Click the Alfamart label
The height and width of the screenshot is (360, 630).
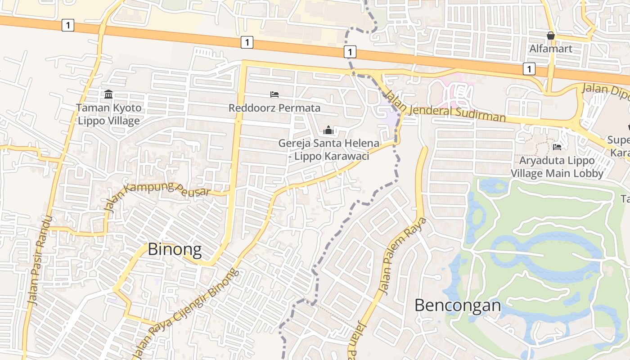(551, 48)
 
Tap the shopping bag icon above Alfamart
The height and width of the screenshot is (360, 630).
(551, 36)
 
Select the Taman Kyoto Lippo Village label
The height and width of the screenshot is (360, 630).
(108, 114)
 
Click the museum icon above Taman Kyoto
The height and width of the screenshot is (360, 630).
(108, 94)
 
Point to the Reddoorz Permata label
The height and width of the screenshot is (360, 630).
(274, 108)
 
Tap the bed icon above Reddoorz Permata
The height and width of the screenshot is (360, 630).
(274, 94)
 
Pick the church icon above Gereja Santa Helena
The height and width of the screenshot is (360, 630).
(328, 130)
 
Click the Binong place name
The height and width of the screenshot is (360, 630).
(175, 249)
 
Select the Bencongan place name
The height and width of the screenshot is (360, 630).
(458, 305)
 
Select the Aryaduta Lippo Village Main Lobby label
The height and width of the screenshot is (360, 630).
(557, 166)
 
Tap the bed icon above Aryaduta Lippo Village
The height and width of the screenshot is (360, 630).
(557, 147)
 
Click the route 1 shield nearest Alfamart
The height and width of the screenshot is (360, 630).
(529, 69)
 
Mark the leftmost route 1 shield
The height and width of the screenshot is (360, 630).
(67, 25)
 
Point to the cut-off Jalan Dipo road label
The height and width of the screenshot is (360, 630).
(605, 92)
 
